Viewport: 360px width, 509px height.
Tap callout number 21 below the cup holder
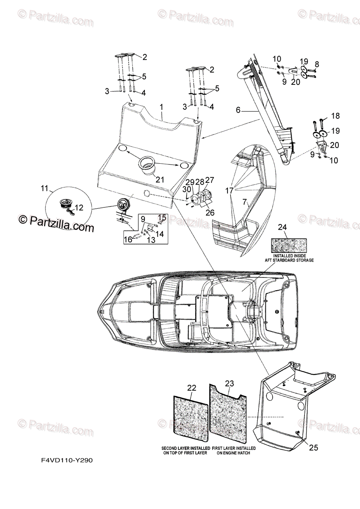160,179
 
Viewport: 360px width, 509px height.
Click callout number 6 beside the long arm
238,110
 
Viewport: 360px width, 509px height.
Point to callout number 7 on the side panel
245,202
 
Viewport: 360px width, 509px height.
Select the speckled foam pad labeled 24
289,244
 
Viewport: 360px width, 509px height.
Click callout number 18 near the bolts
335,116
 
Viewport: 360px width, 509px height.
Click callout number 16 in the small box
127,240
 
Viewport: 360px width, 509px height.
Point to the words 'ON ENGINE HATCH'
233,453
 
